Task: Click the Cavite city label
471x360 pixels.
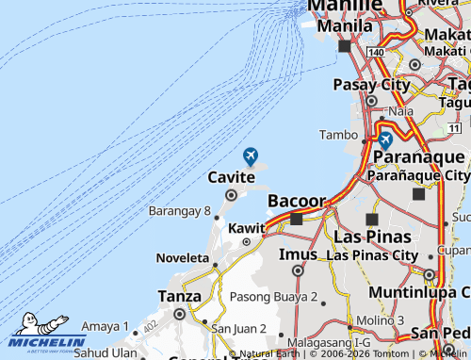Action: click(x=231, y=177)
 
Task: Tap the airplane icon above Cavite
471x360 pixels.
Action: click(x=250, y=155)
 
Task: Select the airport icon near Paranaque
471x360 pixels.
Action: click(x=385, y=139)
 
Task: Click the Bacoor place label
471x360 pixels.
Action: click(x=297, y=201)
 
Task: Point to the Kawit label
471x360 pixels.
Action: click(x=247, y=228)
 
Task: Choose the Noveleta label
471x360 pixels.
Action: click(x=184, y=257)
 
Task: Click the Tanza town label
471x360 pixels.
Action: click(x=179, y=296)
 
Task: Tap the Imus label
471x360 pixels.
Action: click(x=299, y=254)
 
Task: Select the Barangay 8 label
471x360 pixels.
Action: click(x=180, y=211)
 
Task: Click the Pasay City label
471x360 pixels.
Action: click(x=372, y=85)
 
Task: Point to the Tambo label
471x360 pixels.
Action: click(x=340, y=135)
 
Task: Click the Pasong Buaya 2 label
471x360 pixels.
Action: click(x=274, y=297)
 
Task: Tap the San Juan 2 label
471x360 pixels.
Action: click(x=238, y=329)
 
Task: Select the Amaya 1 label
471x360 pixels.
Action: click(x=105, y=326)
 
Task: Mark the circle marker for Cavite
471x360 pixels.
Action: click(x=231, y=195)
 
